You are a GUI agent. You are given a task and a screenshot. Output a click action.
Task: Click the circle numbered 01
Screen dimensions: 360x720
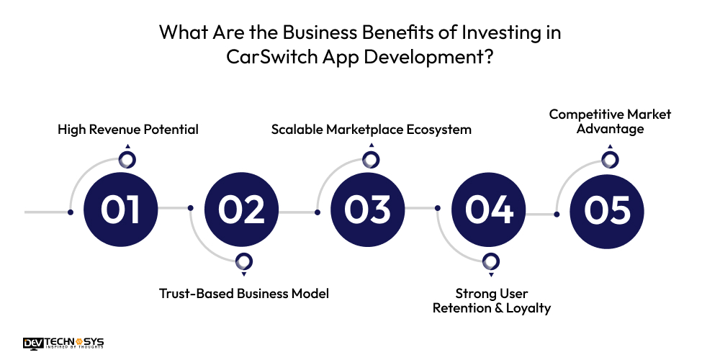click(x=120, y=210)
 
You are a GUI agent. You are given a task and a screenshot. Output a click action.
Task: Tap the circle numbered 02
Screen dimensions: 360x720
click(x=242, y=210)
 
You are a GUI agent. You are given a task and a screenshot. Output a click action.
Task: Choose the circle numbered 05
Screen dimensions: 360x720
click(x=607, y=210)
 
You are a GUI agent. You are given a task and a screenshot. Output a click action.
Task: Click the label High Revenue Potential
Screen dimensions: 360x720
click(x=128, y=130)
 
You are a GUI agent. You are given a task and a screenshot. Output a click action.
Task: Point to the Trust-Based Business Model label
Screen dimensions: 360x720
click(x=244, y=293)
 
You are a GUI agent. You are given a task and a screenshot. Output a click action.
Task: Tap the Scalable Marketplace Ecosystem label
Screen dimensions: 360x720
click(x=372, y=130)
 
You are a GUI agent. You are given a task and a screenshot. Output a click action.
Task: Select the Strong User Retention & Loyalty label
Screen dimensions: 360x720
click(x=492, y=301)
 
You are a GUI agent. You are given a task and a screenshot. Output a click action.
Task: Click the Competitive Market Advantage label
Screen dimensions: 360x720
click(x=610, y=122)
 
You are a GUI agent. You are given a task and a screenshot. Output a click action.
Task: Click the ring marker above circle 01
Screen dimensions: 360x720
click(x=127, y=160)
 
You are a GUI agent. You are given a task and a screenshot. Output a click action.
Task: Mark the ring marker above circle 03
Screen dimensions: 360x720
click(x=372, y=160)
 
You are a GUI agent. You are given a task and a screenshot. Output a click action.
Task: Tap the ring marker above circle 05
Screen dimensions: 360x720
click(x=610, y=160)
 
